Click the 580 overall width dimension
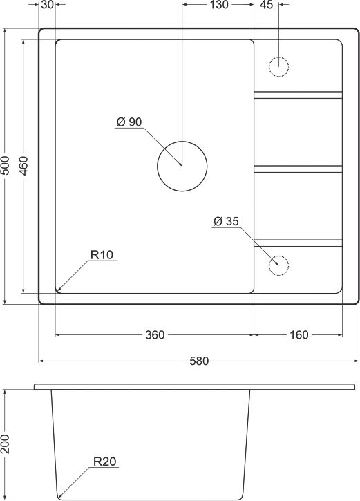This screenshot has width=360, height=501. (199, 361)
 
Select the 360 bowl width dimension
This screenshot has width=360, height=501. (155, 335)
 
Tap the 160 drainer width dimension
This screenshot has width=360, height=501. (299, 335)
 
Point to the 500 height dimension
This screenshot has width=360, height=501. (6, 166)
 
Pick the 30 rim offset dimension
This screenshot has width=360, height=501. (47, 5)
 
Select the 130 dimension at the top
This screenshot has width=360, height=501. (219, 5)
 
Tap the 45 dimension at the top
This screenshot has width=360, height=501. (267, 5)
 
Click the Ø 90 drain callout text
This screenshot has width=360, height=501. (129, 122)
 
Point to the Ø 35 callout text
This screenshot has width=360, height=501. (226, 221)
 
